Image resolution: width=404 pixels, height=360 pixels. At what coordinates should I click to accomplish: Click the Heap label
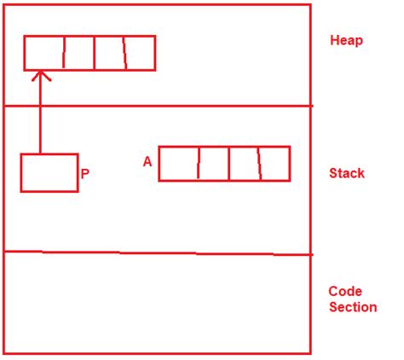[346, 40]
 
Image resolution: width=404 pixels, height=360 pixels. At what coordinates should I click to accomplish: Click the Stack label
[347, 173]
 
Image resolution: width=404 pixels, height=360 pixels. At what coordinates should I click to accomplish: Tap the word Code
[345, 292]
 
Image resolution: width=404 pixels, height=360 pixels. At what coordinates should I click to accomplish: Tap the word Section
[353, 307]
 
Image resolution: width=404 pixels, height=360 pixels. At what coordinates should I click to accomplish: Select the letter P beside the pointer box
[85, 174]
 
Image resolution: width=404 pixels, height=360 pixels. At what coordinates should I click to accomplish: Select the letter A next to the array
[147, 162]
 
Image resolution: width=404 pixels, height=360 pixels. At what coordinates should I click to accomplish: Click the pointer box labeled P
[49, 173]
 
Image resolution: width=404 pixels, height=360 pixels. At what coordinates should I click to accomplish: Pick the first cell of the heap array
[44, 53]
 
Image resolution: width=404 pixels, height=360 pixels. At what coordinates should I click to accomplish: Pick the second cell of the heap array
[79, 53]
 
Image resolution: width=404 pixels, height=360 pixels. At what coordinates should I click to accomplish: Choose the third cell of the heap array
[110, 53]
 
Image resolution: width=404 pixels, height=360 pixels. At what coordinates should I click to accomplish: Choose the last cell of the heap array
[141, 53]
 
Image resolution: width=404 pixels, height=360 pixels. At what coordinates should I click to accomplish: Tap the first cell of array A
[179, 164]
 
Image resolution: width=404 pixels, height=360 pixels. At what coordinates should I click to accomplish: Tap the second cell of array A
[214, 164]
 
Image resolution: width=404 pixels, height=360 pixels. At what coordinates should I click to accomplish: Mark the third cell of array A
[245, 164]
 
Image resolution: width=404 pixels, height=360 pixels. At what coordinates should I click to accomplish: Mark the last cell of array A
[275, 164]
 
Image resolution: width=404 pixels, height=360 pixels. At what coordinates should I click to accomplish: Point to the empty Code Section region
[158, 303]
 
